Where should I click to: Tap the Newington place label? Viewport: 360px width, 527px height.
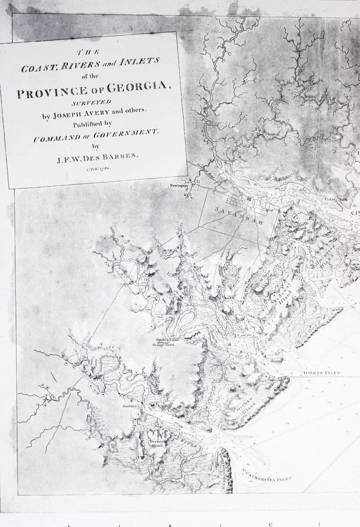pyautogui.click(x=179, y=186)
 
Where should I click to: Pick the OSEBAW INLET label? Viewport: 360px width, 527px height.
pyautogui.click(x=322, y=373)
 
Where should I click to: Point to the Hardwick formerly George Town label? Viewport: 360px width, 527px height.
pyautogui.click(x=166, y=343)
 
